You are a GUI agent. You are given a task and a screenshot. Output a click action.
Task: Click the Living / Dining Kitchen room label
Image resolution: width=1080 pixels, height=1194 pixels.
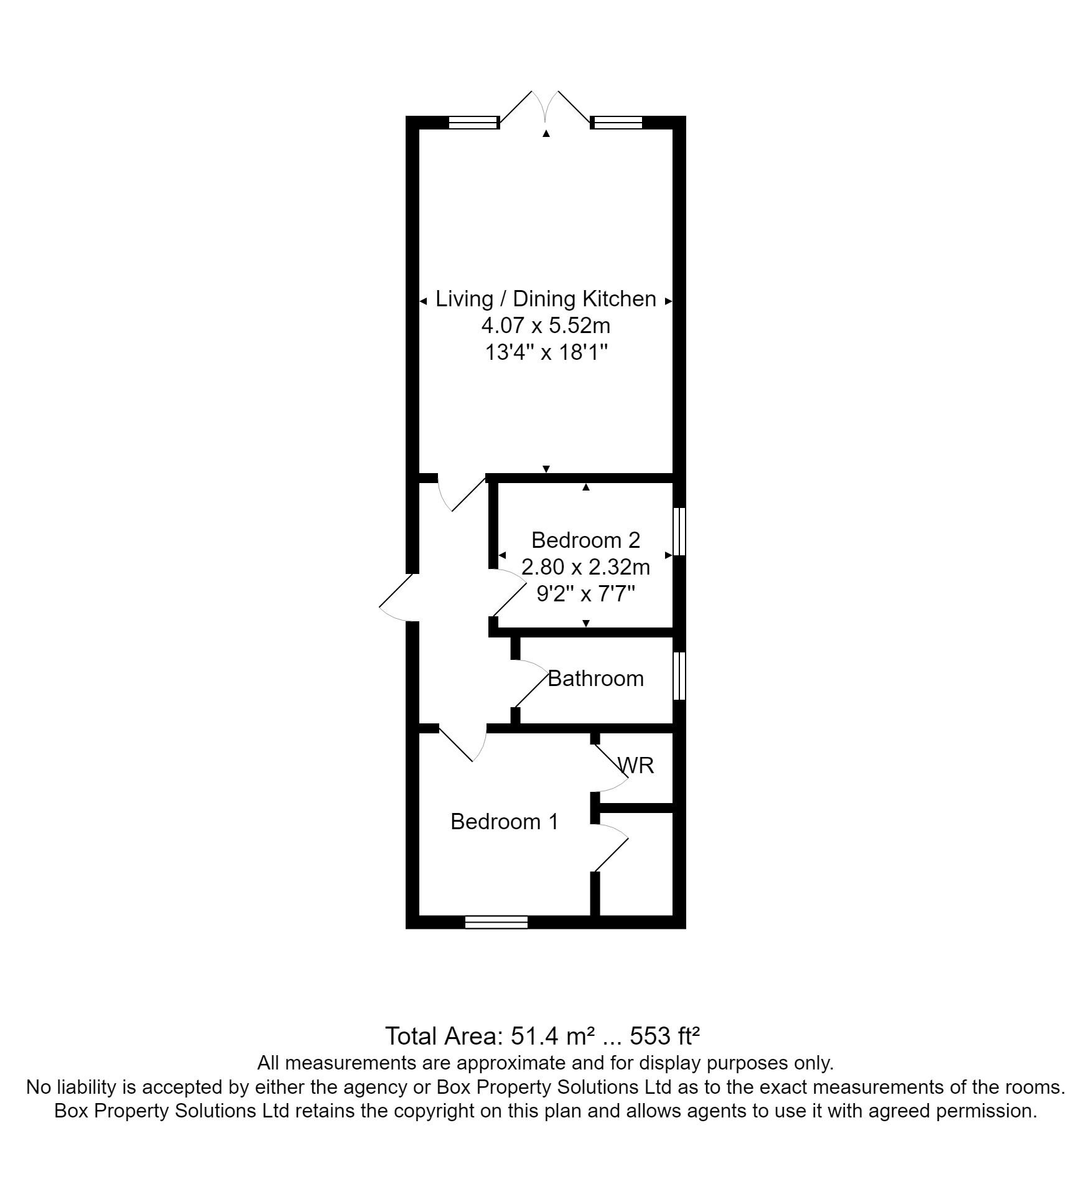(546, 299)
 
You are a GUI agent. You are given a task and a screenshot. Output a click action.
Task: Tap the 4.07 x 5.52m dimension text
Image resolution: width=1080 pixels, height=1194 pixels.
(546, 326)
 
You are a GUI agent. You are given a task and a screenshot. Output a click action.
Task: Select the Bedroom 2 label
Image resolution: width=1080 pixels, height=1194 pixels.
(585, 540)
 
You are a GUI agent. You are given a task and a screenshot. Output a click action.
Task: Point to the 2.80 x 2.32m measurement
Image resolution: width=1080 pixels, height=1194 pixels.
(585, 567)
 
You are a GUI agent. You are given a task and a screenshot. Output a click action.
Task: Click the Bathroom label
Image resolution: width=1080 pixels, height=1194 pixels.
(595, 679)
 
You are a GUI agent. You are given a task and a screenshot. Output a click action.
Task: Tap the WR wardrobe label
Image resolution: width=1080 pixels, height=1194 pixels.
(637, 765)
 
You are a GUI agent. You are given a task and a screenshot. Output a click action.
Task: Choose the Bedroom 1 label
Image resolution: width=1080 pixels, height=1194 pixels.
(505, 822)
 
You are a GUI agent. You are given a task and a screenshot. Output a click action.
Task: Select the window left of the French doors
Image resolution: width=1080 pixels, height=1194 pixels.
(474, 123)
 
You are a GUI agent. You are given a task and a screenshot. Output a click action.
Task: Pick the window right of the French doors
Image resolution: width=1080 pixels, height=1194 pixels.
(618, 123)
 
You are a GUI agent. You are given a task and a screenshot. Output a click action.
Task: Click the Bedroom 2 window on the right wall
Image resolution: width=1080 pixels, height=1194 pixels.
(680, 531)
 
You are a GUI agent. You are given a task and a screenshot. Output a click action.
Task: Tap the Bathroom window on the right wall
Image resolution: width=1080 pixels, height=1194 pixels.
(680, 676)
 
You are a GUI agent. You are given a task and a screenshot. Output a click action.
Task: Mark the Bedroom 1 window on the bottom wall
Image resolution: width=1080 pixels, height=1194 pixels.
(496, 922)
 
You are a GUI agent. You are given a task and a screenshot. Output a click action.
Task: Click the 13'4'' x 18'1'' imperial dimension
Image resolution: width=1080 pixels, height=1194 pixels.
(546, 353)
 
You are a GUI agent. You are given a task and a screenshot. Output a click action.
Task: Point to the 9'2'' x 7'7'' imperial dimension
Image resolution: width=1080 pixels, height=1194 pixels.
(585, 595)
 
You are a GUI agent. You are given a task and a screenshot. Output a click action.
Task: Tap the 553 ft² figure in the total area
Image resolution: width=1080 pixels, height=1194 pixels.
(665, 1037)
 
